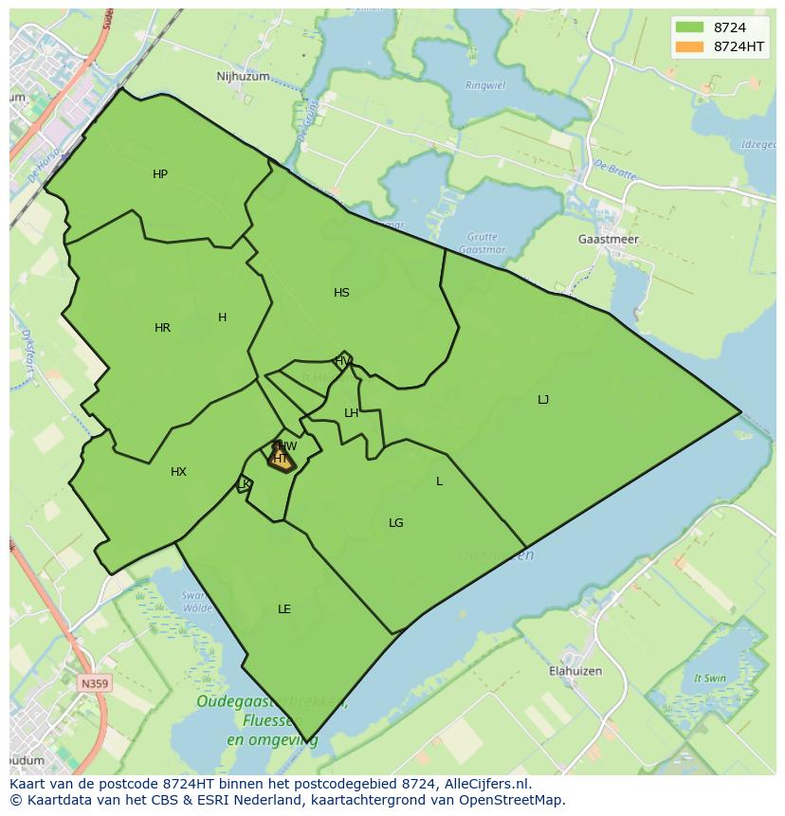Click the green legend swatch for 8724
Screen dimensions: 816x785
(689, 27)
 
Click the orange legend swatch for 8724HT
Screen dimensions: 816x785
(689, 45)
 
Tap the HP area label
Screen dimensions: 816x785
(160, 174)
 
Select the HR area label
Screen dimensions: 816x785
(162, 328)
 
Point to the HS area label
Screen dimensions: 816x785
(341, 293)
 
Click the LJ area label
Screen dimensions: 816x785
(543, 400)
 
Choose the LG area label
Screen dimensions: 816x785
(396, 523)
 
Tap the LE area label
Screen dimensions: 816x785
(284, 609)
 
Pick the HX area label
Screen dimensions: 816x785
(178, 472)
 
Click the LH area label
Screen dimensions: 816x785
(351, 413)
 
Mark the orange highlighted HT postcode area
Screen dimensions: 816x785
(281, 460)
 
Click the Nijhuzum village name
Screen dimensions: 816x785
(243, 77)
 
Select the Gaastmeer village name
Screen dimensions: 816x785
(608, 240)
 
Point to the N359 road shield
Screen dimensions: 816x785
(94, 683)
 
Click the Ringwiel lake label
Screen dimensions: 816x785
(486, 85)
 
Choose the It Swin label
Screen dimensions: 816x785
(709, 679)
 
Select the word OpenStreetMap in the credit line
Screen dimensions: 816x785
(518, 800)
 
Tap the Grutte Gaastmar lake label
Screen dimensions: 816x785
(483, 243)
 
